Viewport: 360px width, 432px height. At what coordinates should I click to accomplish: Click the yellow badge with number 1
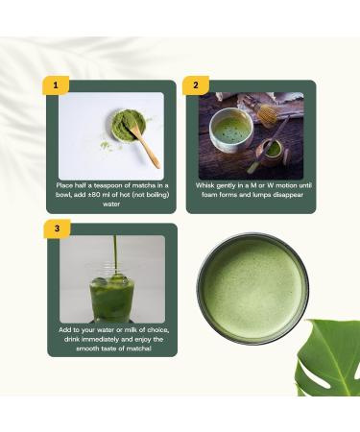pos(57,84)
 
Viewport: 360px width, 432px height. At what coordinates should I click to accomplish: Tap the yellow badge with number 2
pos(196,84)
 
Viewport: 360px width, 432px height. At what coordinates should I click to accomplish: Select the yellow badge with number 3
pos(57,228)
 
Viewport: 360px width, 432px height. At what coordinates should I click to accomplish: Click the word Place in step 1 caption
pos(69,182)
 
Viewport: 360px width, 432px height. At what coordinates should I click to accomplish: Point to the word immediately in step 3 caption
pos(103,337)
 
